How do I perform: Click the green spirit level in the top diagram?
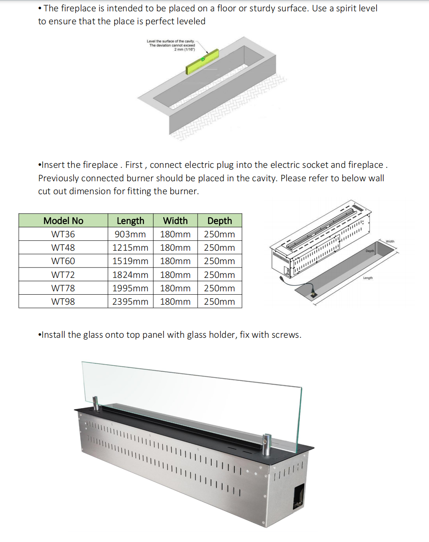[x=203, y=62]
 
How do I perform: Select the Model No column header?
[x=63, y=221]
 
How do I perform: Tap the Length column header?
[x=130, y=221]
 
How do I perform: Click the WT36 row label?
[x=63, y=234]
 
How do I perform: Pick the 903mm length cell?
[x=130, y=234]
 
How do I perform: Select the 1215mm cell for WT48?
[x=130, y=248]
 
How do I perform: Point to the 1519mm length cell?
[x=130, y=261]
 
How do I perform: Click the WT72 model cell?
[x=63, y=275]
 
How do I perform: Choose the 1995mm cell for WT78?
[x=130, y=288]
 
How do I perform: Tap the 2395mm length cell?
[x=130, y=302]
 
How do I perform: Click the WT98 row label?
[x=63, y=302]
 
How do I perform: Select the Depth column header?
[x=219, y=221]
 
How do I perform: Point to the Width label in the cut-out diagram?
[x=390, y=241]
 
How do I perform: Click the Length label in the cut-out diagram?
[x=368, y=278]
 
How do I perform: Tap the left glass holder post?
[x=96, y=403]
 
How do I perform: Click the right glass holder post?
[x=266, y=444]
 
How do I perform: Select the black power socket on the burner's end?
[x=299, y=497]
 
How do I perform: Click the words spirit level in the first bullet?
[x=354, y=8]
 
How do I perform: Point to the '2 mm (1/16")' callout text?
[x=185, y=49]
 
